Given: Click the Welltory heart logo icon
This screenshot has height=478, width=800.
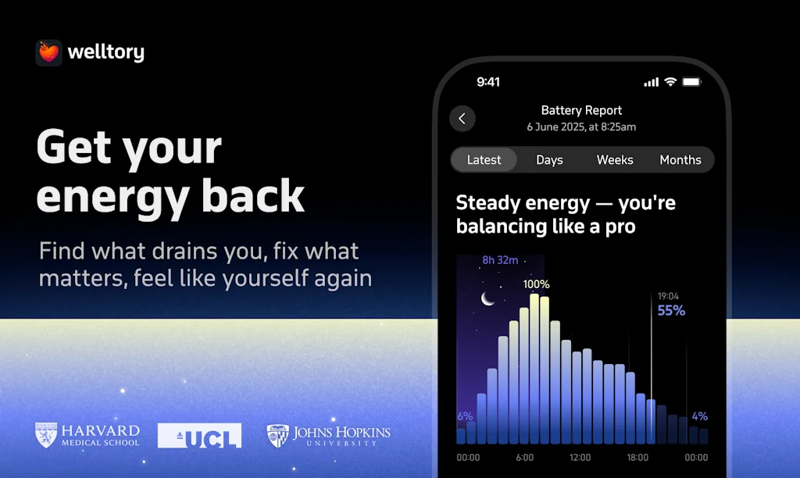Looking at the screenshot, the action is (x=49, y=52).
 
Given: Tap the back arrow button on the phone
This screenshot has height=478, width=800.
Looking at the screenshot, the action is (x=462, y=119).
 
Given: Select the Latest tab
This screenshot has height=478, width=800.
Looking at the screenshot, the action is (x=484, y=159).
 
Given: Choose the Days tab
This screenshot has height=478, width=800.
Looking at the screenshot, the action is (x=549, y=159).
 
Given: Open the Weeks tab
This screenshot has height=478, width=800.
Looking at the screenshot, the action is (x=615, y=159).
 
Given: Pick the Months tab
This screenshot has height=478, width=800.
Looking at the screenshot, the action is (x=680, y=159).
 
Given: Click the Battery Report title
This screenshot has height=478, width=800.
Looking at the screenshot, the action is (x=581, y=110).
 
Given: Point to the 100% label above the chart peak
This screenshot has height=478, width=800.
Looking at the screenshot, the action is (x=536, y=284).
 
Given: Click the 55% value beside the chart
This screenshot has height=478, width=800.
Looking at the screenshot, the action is (x=671, y=310).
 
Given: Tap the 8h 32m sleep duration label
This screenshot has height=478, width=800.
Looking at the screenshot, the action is (x=500, y=260).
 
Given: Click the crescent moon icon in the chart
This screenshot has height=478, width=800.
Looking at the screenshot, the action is (x=487, y=298).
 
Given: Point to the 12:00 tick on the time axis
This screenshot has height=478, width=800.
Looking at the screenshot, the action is (x=580, y=458).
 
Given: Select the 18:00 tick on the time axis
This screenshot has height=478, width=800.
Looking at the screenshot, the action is (x=637, y=458).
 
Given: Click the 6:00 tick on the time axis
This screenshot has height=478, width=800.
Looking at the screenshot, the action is (x=524, y=458).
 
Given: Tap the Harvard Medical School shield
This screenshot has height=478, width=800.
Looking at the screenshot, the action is (x=46, y=435).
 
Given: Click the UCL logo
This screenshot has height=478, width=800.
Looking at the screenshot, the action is (x=199, y=436).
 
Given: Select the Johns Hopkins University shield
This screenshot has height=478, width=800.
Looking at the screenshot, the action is (x=277, y=436).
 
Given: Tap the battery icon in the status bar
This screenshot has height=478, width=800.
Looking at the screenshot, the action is (x=692, y=82).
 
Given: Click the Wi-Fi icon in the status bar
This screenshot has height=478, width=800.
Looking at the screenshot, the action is (x=670, y=82).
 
